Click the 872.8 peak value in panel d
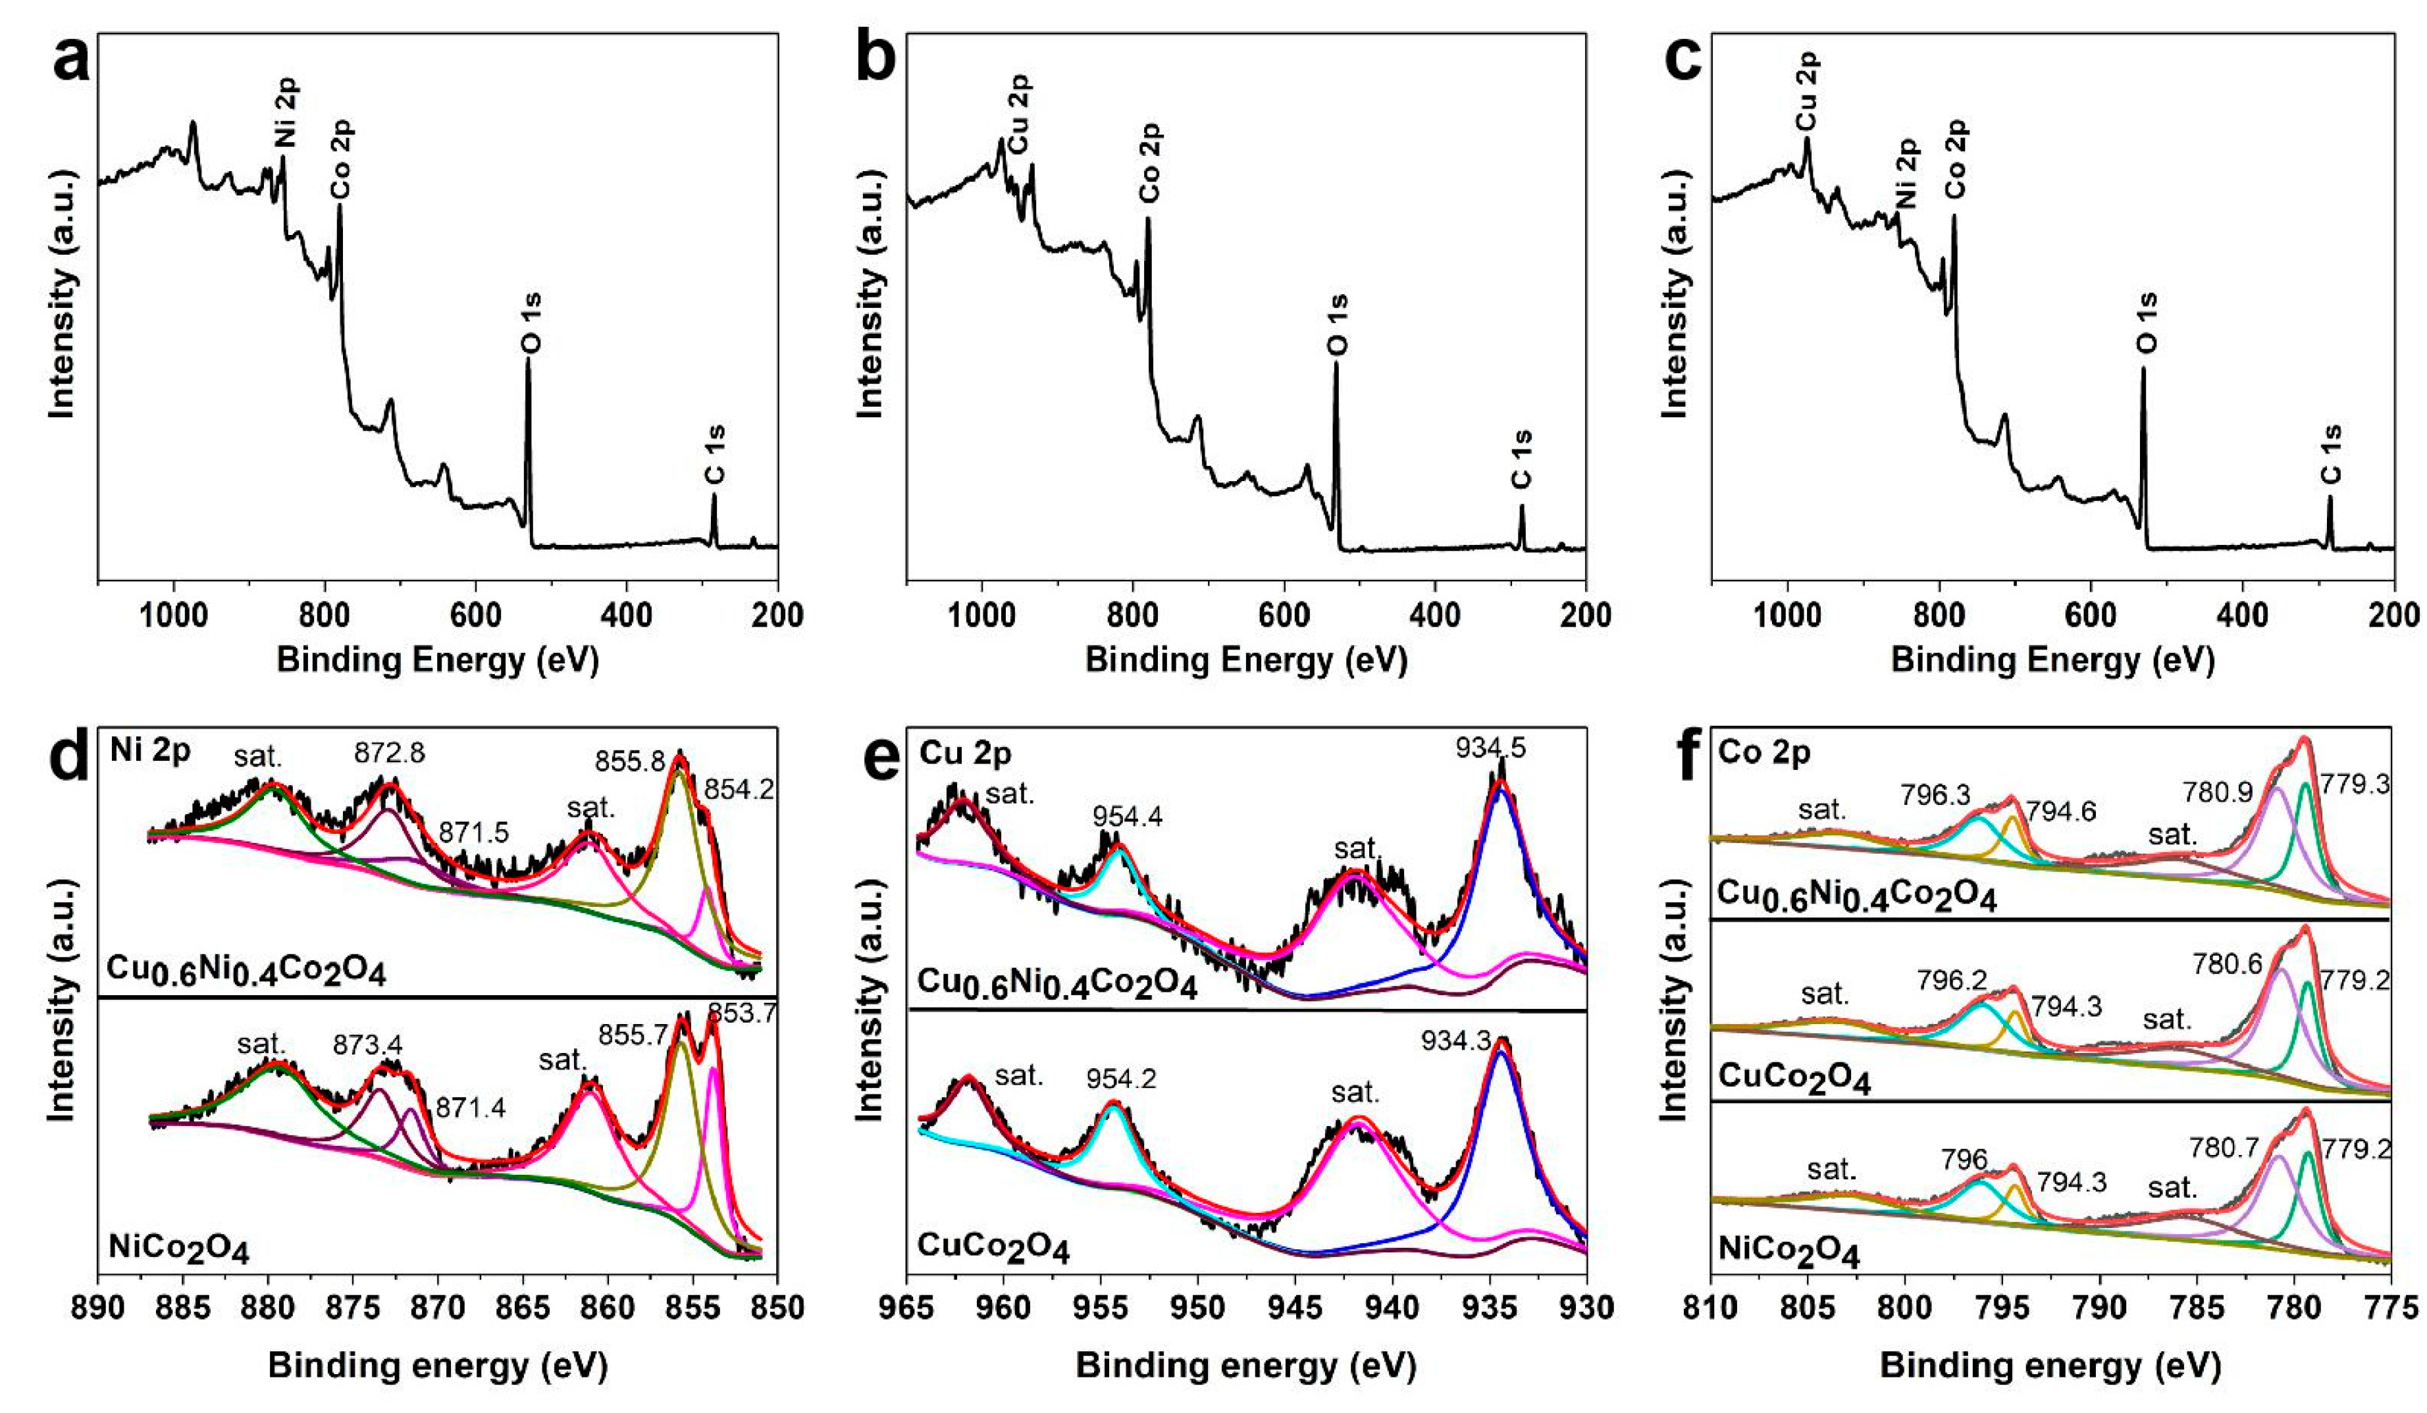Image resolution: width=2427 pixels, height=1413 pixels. (x=389, y=752)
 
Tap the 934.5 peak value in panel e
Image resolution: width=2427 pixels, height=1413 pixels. (x=1491, y=748)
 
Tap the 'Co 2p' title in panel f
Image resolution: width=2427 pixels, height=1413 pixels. (x=1764, y=752)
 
